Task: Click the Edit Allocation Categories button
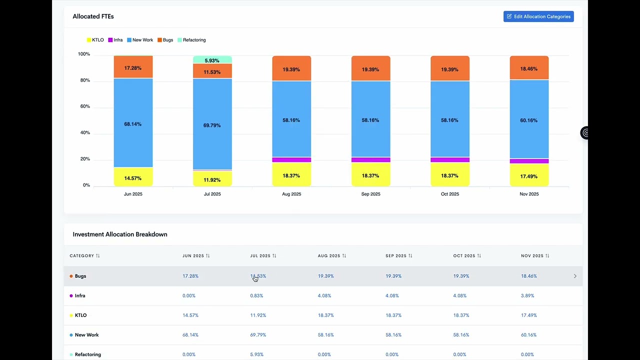538,16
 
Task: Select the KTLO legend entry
95,40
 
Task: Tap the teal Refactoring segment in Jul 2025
212,60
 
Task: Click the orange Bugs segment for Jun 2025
133,67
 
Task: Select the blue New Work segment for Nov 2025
529,120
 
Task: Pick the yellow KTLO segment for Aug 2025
291,175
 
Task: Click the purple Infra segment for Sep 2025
370,160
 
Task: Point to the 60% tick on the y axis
84,106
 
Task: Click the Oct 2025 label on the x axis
449,194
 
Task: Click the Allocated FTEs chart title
93,16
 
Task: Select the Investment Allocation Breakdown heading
120,234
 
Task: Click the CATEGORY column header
82,256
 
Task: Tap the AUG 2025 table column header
329,256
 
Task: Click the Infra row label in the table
80,295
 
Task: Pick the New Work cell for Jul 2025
258,335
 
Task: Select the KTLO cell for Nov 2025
529,315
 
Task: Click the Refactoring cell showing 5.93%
256,354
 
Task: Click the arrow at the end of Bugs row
575,276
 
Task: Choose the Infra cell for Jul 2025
256,295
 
